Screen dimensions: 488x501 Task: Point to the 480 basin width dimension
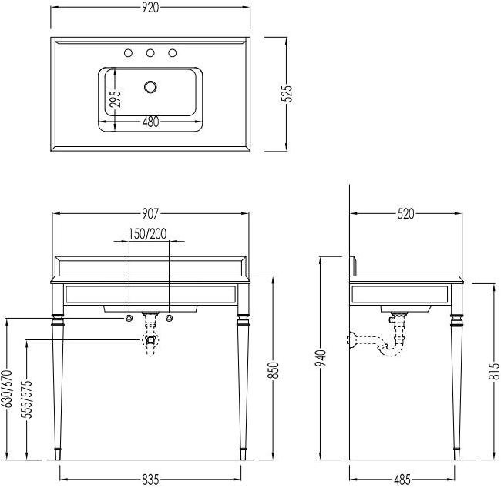[151, 120]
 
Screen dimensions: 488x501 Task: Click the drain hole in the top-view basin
[151, 86]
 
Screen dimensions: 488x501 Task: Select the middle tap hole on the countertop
[151, 53]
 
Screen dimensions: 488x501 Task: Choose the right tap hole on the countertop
[173, 53]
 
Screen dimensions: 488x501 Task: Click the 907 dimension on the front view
[152, 214]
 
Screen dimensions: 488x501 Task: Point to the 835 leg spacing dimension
[151, 480]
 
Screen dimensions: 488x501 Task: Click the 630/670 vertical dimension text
[6, 393]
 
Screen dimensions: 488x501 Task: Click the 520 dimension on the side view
[405, 214]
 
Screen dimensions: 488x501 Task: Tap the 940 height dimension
[321, 359]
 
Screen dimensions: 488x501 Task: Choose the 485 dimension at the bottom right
[402, 480]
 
